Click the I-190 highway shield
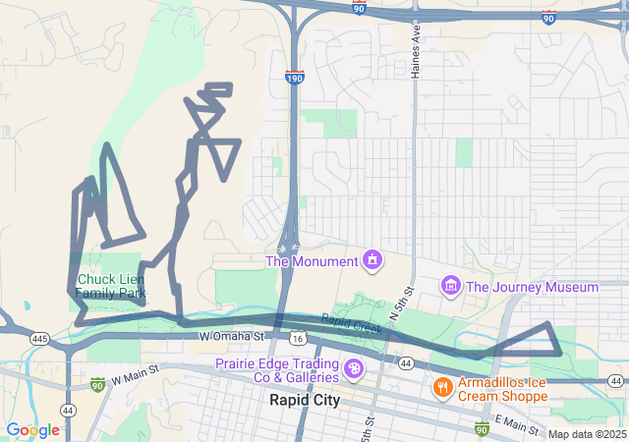coord(294,77)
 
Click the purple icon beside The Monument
coord(372,260)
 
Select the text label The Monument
coord(311,261)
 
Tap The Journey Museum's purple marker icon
coord(450,286)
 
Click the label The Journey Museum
coord(532,288)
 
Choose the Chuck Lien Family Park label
coord(111,286)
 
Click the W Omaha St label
coord(232,337)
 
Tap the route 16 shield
coord(298,338)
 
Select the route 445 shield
coord(39,338)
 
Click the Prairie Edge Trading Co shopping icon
coord(353,371)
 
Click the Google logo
coord(32,430)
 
